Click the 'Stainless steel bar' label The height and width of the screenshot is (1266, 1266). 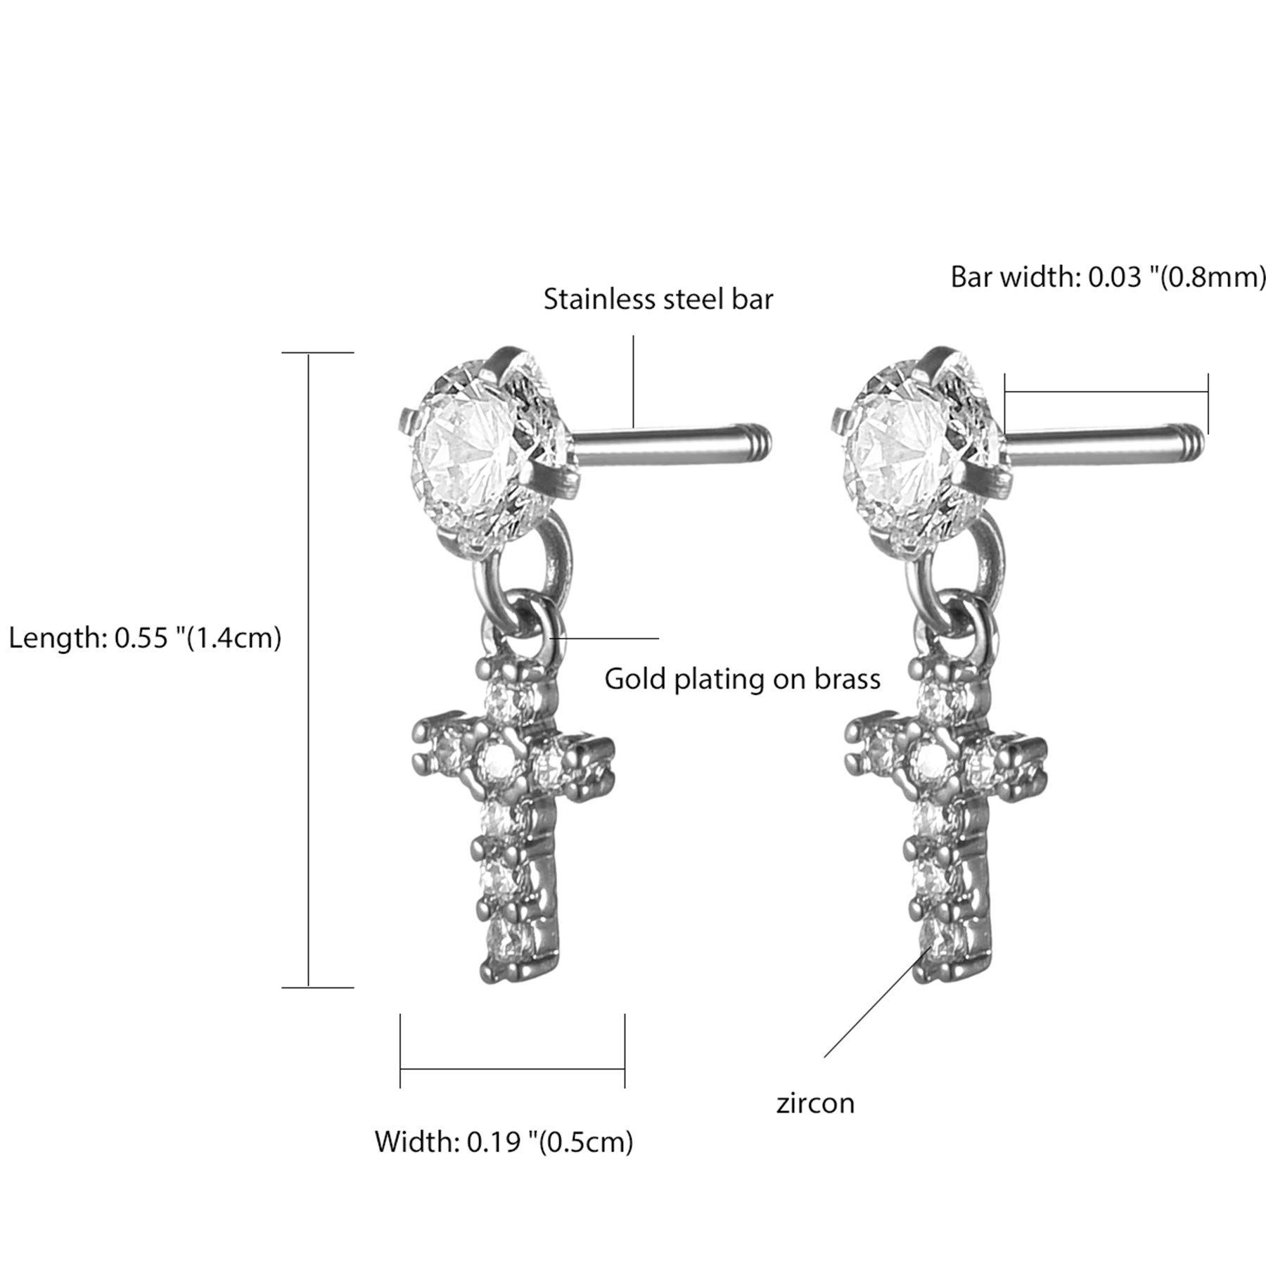pos(658,300)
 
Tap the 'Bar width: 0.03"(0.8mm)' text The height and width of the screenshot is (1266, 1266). pos(1108,277)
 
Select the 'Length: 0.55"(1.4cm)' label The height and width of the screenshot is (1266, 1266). pos(145,638)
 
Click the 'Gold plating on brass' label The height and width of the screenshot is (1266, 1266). pos(743,679)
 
